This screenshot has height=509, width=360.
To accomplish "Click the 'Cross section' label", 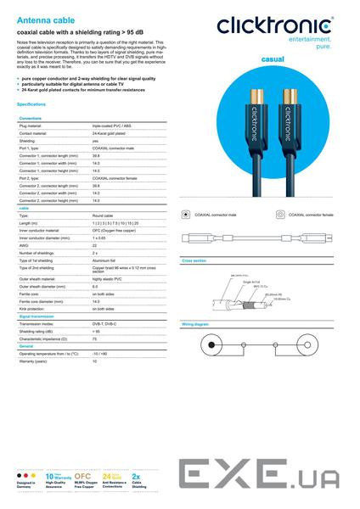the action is click(x=194, y=262).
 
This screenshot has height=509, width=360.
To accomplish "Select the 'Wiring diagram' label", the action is click(x=194, y=324).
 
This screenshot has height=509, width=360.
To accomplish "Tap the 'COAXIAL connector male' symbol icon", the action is click(x=187, y=215).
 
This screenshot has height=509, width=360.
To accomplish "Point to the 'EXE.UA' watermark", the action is click(x=260, y=478).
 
